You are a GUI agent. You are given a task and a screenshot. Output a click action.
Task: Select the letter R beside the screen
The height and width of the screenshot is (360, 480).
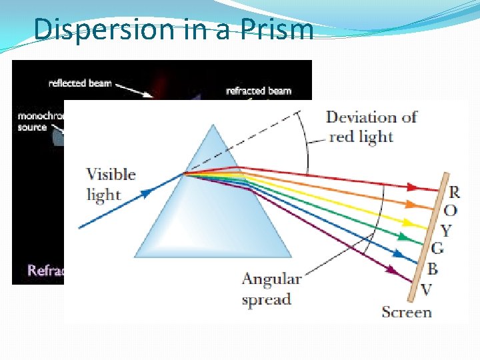point(454,192)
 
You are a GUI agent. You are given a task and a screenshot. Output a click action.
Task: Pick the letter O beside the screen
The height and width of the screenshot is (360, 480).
point(451,211)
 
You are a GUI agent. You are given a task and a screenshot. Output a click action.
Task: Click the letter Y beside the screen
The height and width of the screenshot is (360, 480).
point(446,231)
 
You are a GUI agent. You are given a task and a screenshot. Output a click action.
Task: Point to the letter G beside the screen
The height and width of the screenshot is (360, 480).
point(438,249)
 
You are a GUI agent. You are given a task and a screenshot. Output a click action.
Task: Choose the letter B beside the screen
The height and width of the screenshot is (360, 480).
point(432,269)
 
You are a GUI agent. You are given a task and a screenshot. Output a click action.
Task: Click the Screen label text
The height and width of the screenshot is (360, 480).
point(406,311)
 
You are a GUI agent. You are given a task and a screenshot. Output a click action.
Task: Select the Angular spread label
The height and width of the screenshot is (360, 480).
point(271,289)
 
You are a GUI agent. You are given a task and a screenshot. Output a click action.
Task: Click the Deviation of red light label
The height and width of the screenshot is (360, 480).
point(371,127)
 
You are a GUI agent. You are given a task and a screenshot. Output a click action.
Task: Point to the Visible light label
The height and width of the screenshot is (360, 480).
point(111,184)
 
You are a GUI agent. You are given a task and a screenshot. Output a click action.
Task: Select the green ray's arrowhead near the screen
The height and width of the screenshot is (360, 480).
point(406,237)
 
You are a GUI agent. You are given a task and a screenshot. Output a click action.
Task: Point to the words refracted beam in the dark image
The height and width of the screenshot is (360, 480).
point(258,91)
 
